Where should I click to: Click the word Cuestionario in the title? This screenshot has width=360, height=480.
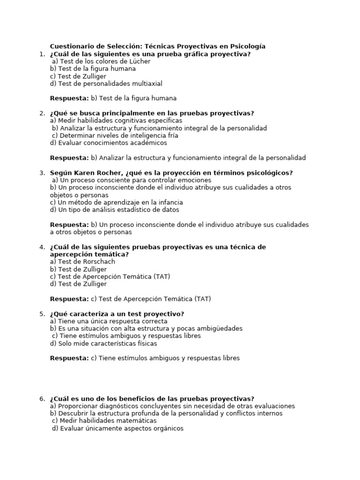[71, 46]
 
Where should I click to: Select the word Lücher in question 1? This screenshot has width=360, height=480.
[140, 61]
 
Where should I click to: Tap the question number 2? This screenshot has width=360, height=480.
[42, 113]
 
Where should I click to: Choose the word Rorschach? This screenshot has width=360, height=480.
[98, 262]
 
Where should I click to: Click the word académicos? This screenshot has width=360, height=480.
[146, 143]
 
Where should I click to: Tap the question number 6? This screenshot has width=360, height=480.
[42, 398]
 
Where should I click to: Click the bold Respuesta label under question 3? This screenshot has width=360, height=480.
[69, 225]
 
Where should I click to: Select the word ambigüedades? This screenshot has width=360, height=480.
[221, 329]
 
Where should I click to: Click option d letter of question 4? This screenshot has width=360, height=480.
[53, 284]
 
